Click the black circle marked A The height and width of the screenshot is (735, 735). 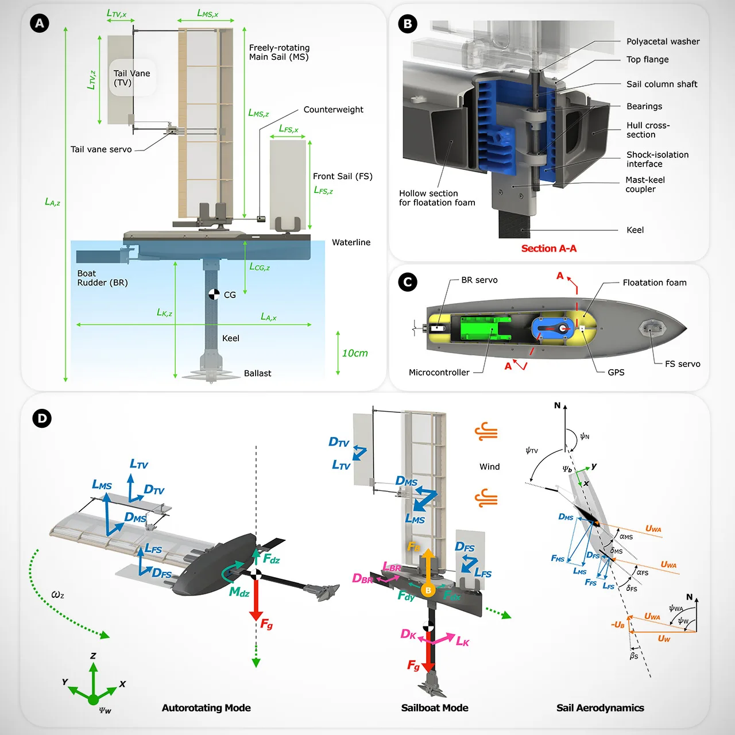[39, 24]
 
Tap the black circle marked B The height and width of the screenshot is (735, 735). [407, 24]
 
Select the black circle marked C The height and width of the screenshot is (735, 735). [407, 282]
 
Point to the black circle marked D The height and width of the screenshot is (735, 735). [42, 418]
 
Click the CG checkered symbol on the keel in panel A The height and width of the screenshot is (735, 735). [214, 295]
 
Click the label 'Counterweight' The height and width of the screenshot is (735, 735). [334, 110]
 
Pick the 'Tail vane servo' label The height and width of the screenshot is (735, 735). [101, 149]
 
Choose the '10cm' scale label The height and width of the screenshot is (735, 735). [355, 353]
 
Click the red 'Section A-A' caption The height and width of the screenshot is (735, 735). [549, 248]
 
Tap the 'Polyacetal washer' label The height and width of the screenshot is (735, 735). [663, 41]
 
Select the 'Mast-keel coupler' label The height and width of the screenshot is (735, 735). [645, 184]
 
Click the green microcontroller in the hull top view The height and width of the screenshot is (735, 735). [486, 328]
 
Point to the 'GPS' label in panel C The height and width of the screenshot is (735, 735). [616, 372]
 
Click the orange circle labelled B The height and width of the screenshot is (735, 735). [428, 590]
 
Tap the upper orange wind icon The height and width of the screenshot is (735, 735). [486, 432]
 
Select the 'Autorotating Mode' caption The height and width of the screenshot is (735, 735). [206, 708]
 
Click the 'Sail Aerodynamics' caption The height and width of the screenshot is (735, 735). [601, 708]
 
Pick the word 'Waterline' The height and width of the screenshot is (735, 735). [351, 242]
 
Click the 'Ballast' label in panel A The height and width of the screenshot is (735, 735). [257, 373]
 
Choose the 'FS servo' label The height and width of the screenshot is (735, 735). [682, 364]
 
